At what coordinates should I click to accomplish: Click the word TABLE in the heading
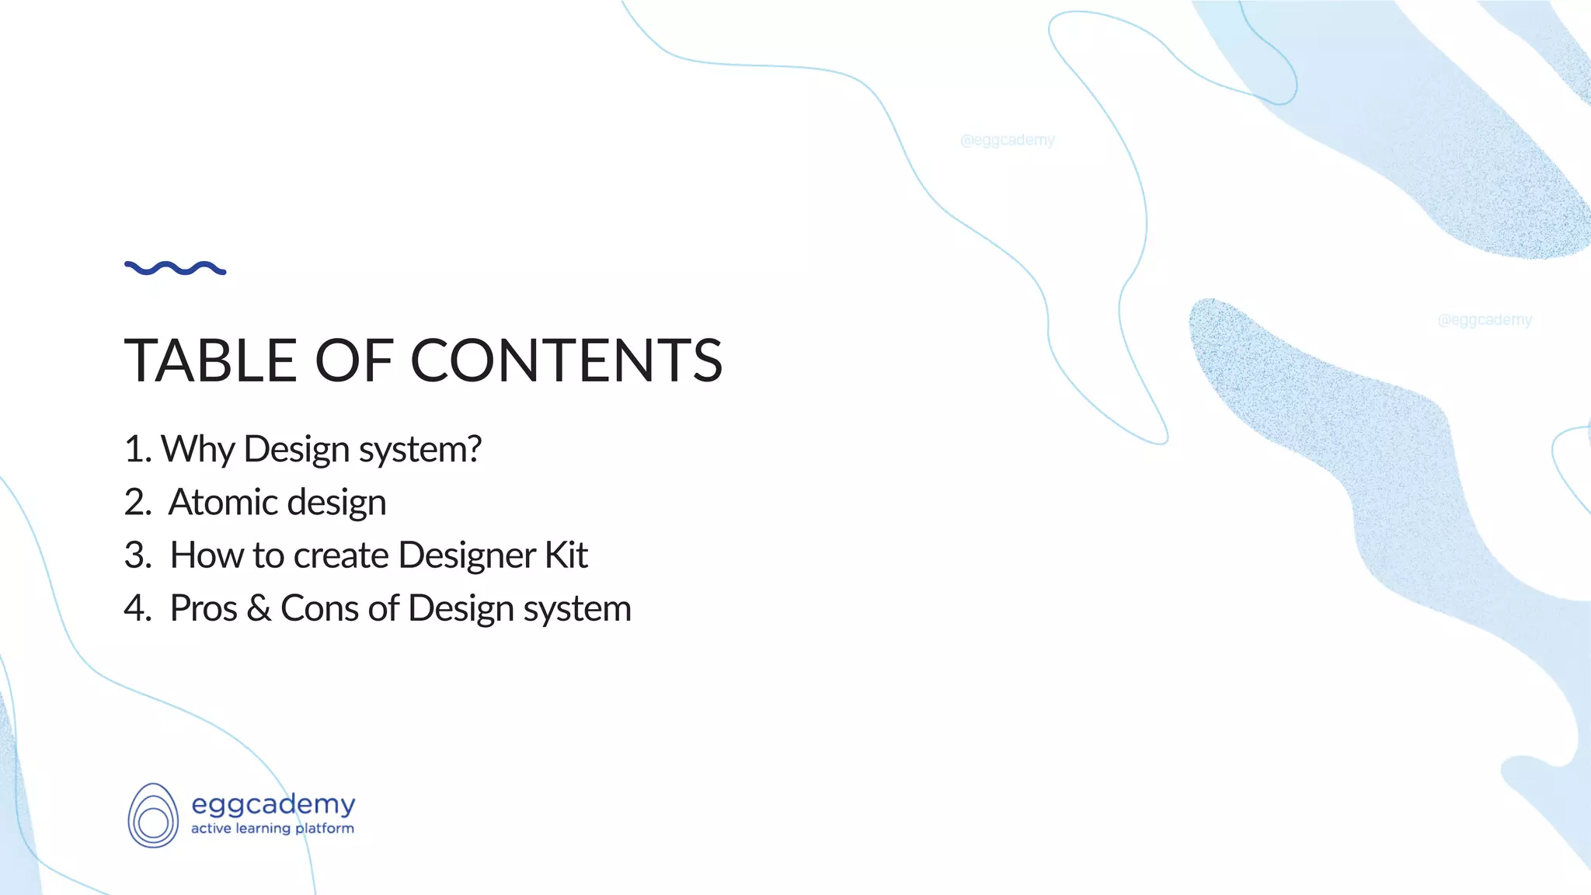point(211,360)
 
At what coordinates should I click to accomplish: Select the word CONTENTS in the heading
point(566,360)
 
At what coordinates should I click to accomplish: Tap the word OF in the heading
point(353,360)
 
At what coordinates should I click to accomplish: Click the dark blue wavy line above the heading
point(175,268)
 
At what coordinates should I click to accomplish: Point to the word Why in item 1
point(197,450)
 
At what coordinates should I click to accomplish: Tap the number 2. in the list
point(138,502)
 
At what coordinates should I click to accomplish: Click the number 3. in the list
point(138,555)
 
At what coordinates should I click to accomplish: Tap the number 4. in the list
point(138,608)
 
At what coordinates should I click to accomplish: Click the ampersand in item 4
point(259,608)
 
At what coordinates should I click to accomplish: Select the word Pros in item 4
point(204,608)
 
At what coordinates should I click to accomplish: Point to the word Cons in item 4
point(319,608)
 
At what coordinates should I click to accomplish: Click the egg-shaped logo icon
point(153,815)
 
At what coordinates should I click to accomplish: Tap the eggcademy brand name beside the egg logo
point(273,804)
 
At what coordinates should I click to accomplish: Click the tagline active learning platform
point(273,828)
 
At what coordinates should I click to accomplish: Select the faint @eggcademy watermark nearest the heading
point(1007,140)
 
